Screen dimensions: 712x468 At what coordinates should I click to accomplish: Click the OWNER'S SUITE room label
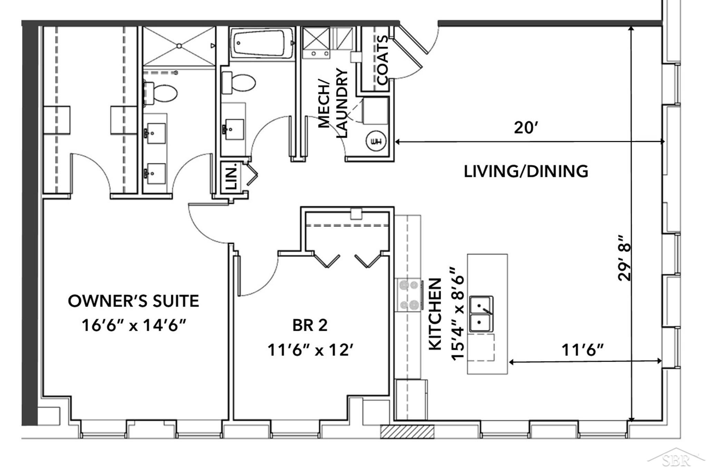coord(133,301)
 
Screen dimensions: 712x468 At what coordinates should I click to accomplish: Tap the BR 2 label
coord(310,325)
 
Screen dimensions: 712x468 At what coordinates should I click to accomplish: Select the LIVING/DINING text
coord(526,172)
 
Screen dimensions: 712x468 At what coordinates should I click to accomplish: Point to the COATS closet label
coord(383,60)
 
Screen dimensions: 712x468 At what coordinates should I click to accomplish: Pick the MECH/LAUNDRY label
coord(332,103)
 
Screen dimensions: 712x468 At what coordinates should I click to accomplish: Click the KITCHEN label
coord(435,314)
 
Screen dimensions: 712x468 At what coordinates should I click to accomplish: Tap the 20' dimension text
coord(526,128)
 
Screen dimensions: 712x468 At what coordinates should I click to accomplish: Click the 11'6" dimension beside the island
coord(583,350)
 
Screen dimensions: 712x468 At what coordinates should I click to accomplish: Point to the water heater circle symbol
coord(376,141)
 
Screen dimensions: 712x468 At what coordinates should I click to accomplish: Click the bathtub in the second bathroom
coord(262,43)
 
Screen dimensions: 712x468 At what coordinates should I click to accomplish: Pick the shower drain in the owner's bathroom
coord(179,46)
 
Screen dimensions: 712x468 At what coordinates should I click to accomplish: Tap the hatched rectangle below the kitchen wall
coord(407,431)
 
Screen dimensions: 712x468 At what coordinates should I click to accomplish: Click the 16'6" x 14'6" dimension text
coord(134,325)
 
